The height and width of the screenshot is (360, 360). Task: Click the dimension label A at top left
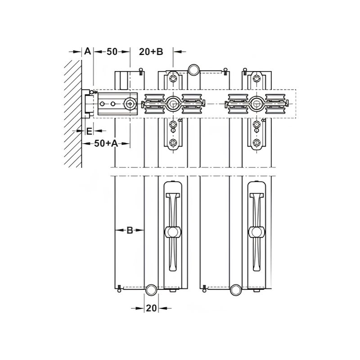pyautogui.click(x=87, y=51)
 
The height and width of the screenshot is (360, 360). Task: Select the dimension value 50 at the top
pyautogui.click(x=112, y=51)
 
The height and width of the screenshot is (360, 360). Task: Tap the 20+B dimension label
pyautogui.click(x=151, y=51)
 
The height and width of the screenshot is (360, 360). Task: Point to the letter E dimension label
pyautogui.click(x=89, y=131)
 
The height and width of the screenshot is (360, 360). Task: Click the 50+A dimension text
pyautogui.click(x=106, y=144)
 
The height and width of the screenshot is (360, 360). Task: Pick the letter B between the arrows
pyautogui.click(x=129, y=230)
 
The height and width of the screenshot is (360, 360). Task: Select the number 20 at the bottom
pyautogui.click(x=151, y=308)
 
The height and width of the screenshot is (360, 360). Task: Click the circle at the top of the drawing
pyautogui.click(x=194, y=69)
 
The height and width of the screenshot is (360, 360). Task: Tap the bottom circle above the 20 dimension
pyautogui.click(x=151, y=290)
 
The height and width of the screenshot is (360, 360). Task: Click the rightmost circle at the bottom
pyautogui.click(x=236, y=290)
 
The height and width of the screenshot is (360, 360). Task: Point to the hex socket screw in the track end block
pyautogui.click(x=130, y=104)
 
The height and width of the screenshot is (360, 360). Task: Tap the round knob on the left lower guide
pyautogui.click(x=172, y=232)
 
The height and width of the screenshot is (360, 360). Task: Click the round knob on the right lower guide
pyautogui.click(x=256, y=232)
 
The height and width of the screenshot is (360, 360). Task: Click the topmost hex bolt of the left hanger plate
pyautogui.click(x=173, y=80)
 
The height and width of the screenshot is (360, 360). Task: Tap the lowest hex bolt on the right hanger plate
pyautogui.click(x=257, y=144)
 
